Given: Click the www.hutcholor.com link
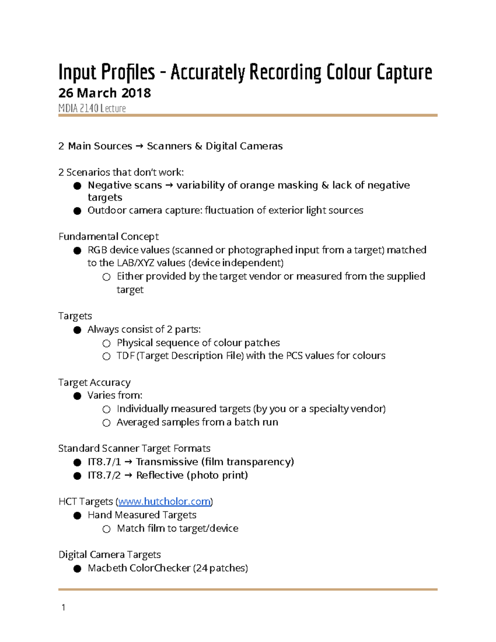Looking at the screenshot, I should (x=165, y=501).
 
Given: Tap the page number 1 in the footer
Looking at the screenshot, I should (x=63, y=607).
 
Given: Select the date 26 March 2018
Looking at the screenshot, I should (x=105, y=93).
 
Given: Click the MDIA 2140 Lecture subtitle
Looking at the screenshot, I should (x=92, y=108).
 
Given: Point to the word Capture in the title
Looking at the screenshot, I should (x=404, y=72).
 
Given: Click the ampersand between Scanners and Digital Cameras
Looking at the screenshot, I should (x=198, y=146).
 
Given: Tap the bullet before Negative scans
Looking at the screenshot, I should (x=77, y=186).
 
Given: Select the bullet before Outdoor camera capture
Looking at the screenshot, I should (x=77, y=211).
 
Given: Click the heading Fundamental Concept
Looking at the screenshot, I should (x=108, y=236).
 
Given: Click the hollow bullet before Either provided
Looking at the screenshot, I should (x=107, y=277).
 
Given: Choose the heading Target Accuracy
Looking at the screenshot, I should (x=94, y=382).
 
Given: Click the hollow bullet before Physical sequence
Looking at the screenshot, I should (x=107, y=343).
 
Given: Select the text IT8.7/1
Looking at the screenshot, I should (x=104, y=462).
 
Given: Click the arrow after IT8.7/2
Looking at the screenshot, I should (x=128, y=475).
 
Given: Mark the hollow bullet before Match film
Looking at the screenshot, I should (x=107, y=529).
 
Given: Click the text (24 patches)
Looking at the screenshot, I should (x=220, y=568).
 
